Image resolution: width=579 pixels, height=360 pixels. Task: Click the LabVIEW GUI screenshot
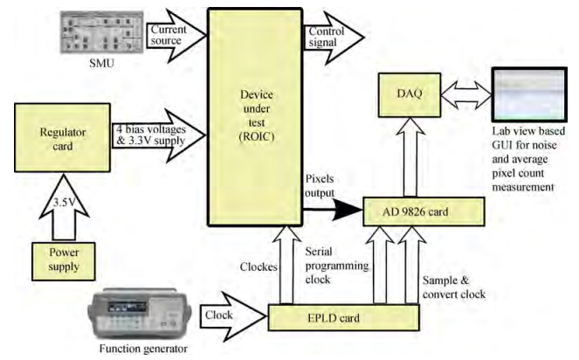[532, 94]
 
